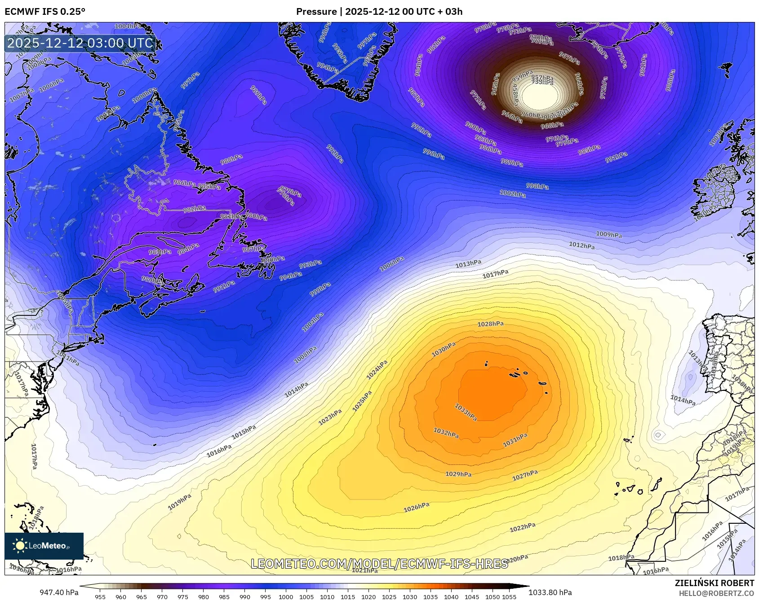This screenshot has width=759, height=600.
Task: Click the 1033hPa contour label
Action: click(466, 412)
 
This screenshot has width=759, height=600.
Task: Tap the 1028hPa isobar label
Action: click(490, 324)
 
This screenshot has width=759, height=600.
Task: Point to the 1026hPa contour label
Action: click(417, 507)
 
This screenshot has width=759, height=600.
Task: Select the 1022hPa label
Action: click(523, 527)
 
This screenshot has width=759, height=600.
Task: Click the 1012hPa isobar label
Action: click(582, 245)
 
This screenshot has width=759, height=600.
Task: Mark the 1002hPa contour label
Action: click(513, 193)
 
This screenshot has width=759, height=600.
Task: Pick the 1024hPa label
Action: click(377, 370)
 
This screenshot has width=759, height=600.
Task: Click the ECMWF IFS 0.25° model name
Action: click(45, 12)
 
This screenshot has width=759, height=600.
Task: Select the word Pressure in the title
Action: click(316, 12)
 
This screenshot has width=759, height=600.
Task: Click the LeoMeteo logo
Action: click(44, 546)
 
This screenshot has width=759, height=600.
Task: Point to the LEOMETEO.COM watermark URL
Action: click(379, 564)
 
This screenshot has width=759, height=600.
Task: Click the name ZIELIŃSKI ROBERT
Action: click(715, 583)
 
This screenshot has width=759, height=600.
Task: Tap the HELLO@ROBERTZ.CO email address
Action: click(716, 593)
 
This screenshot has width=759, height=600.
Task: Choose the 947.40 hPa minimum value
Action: click(59, 592)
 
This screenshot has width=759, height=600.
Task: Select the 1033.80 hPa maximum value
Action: click(550, 592)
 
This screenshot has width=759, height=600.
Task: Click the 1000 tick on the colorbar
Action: click(286, 597)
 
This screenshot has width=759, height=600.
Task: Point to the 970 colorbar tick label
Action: click(162, 597)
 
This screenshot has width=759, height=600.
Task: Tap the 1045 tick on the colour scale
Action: click(472, 597)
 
